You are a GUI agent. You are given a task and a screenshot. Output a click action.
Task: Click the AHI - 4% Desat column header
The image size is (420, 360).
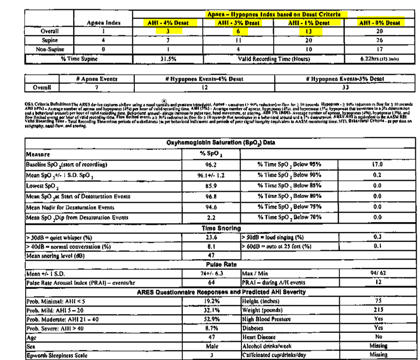pos(168,23)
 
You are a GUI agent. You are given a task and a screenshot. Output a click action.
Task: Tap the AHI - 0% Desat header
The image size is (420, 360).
pos(379,23)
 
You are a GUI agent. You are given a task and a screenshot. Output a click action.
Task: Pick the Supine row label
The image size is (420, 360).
pos(49,40)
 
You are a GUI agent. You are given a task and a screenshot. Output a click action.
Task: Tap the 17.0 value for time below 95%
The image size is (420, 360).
pos(377,165)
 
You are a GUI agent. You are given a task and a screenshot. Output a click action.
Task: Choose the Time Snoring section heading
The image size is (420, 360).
pos(221,228)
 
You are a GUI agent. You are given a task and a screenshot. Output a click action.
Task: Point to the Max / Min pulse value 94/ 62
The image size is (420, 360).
pos(377,274)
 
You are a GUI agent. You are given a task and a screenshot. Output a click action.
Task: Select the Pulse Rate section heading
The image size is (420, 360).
pos(221,264)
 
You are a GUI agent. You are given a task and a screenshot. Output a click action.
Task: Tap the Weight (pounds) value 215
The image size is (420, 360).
pos(377,310)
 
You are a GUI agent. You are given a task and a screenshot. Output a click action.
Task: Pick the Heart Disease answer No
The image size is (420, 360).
pos(377,337)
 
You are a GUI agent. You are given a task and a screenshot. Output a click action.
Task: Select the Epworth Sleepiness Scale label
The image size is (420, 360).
pos(54,355)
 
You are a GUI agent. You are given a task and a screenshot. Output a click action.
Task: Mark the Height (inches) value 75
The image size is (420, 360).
pos(377,301)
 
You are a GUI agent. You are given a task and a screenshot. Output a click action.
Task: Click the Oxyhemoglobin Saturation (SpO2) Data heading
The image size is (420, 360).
pos(221,142)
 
